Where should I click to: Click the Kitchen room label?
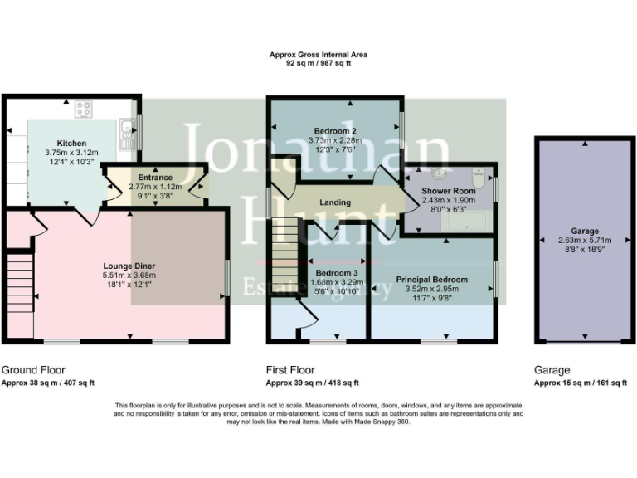pos(71,143)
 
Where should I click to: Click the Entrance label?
pos(155,178)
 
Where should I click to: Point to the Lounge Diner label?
pos(129,266)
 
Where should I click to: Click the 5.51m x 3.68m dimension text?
pos(129,276)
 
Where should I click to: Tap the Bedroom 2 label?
pos(335,131)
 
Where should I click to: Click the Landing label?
pos(334,202)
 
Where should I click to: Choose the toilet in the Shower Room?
pos(478,178)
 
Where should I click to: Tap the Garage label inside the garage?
pos(584,232)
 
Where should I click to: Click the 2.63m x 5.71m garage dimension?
pos(584,241)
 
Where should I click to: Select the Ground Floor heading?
pos(33,370)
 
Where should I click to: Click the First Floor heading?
pos(292,370)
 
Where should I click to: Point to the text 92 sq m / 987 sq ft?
pos(318,63)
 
